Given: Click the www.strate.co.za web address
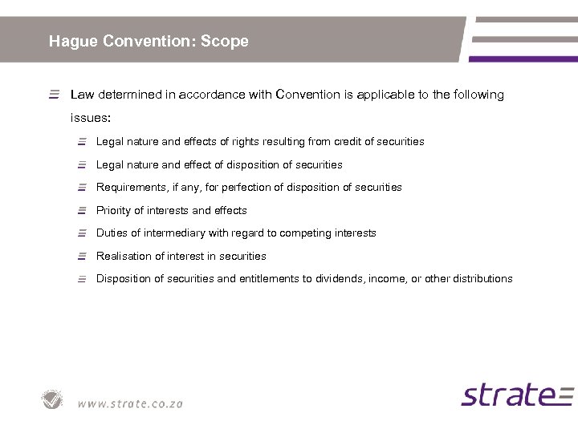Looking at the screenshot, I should pos(130,403).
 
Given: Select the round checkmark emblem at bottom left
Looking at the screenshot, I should pos(53,399).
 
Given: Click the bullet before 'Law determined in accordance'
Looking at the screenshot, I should pos(54,95).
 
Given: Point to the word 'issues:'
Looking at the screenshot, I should pos(88,117).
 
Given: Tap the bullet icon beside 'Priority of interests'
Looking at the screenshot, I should pos(82,211).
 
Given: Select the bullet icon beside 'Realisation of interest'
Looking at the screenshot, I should pos(82,257).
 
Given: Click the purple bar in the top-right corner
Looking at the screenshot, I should pos(523,59).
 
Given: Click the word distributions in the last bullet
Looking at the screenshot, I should pos(482,279).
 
